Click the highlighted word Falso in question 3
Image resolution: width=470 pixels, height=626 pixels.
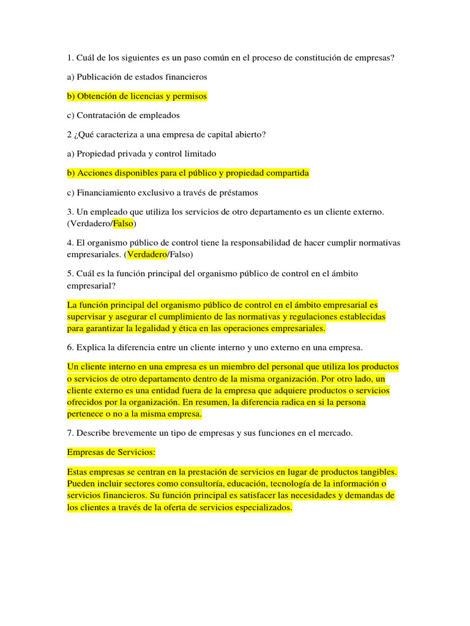pos(124,223)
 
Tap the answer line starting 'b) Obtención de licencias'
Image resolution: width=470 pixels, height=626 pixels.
pos(137,96)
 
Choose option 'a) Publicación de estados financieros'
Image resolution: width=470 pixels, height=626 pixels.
pos(137,77)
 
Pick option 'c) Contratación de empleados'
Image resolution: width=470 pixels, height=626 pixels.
pos(123,115)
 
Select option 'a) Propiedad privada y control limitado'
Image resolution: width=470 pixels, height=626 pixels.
pos(141,153)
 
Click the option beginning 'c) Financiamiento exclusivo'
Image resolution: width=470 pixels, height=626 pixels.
pos(162,193)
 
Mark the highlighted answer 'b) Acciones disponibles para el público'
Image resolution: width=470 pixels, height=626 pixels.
pos(188,173)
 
